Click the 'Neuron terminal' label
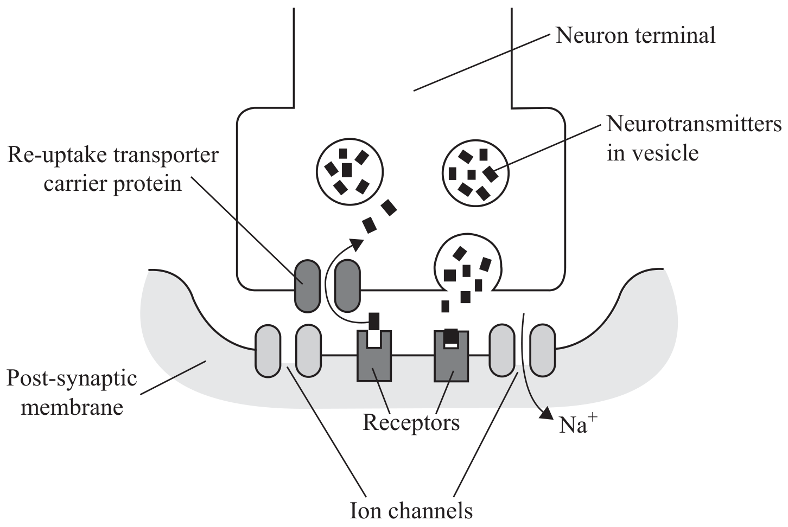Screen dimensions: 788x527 [x=636, y=36]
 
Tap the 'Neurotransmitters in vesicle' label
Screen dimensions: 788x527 [x=694, y=139]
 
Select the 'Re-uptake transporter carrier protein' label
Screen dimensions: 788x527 [x=113, y=169]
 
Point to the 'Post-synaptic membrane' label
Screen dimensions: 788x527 [x=72, y=393]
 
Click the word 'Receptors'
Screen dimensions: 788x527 [x=411, y=422]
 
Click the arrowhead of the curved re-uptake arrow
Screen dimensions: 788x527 [x=357, y=244]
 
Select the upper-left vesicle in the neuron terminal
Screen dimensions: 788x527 [x=349, y=171]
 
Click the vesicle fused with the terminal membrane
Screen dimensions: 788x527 [x=468, y=264]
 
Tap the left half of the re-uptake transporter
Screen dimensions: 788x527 [x=308, y=286]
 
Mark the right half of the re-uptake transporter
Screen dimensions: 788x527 [x=347, y=286]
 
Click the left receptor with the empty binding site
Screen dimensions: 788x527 [x=374, y=356]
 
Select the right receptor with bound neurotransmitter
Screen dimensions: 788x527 [x=451, y=356]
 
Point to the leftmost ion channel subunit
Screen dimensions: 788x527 [x=268, y=351]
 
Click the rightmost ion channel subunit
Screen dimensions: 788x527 [x=543, y=350]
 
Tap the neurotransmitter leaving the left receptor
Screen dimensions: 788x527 [x=374, y=321]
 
